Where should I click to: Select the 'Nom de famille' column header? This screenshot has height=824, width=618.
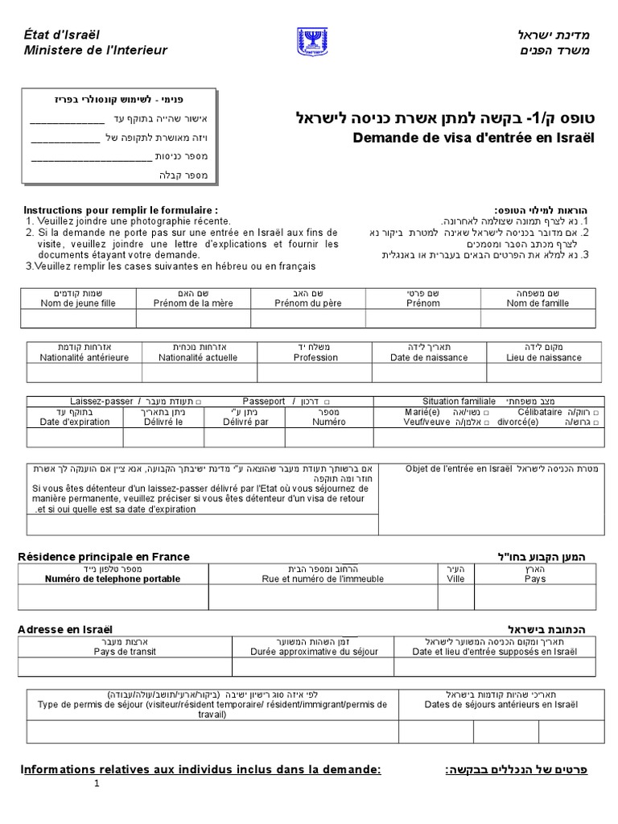point(537,303)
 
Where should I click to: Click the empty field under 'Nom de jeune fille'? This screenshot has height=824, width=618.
point(77,319)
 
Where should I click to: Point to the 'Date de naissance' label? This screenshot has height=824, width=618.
point(428,357)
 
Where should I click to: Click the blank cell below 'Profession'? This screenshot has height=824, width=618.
point(315,373)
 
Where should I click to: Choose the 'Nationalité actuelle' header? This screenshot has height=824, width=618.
point(198,357)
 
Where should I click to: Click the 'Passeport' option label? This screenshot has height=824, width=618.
point(263,401)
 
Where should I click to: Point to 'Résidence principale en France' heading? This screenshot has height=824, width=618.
point(104,556)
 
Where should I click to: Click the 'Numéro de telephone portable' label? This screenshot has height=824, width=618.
point(113,578)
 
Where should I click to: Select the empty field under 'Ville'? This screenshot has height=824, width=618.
point(455,596)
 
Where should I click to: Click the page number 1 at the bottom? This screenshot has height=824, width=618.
point(97,785)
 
